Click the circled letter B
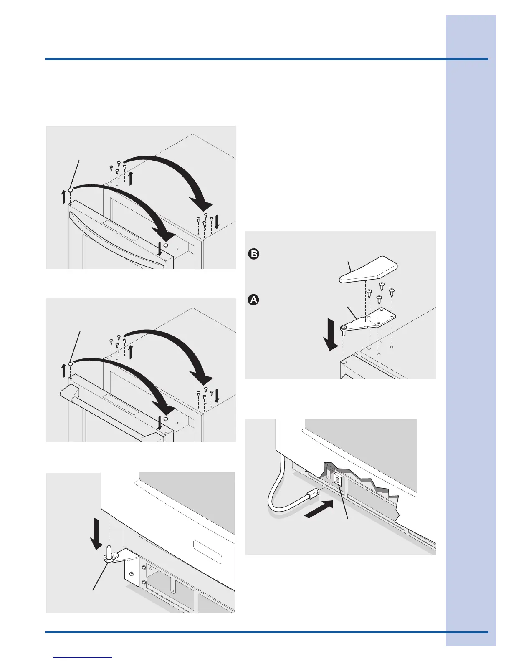tap(253, 254)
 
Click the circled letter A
tap(253, 300)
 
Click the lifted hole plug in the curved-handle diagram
tap(71, 190)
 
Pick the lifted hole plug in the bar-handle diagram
tap(71, 364)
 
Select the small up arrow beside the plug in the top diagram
tap(63, 197)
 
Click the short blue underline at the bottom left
tap(83, 658)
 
